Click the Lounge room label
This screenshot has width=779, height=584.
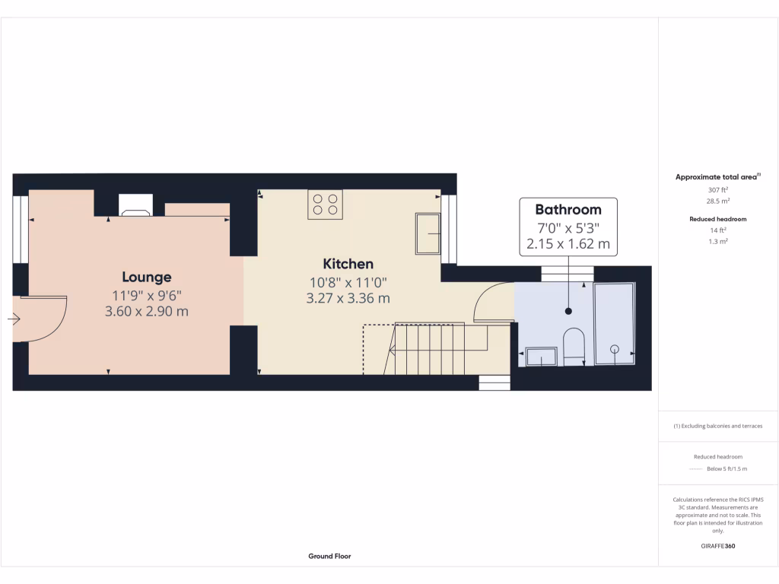point(147,277)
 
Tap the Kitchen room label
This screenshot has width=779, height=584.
point(348,264)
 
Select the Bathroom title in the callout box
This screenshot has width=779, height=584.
point(568,209)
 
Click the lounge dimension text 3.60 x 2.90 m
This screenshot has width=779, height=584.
point(147,311)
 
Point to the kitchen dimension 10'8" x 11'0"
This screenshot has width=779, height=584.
point(348,281)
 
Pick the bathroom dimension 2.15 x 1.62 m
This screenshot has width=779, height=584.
point(568,244)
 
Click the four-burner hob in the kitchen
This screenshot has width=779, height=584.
point(325,205)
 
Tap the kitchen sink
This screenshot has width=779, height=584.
point(428,233)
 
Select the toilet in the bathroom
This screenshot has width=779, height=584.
point(572,347)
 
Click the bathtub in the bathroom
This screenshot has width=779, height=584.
point(613,325)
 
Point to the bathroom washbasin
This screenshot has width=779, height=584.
point(541,356)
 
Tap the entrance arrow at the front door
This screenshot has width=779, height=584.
point(14,320)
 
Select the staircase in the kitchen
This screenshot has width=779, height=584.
point(428,348)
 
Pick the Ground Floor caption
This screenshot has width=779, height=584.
point(329,556)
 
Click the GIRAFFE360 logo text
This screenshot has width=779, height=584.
point(717,546)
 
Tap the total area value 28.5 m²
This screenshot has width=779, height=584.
point(717,202)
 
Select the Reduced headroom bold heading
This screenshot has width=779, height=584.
point(717,219)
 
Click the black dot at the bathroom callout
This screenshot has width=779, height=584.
point(568,311)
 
